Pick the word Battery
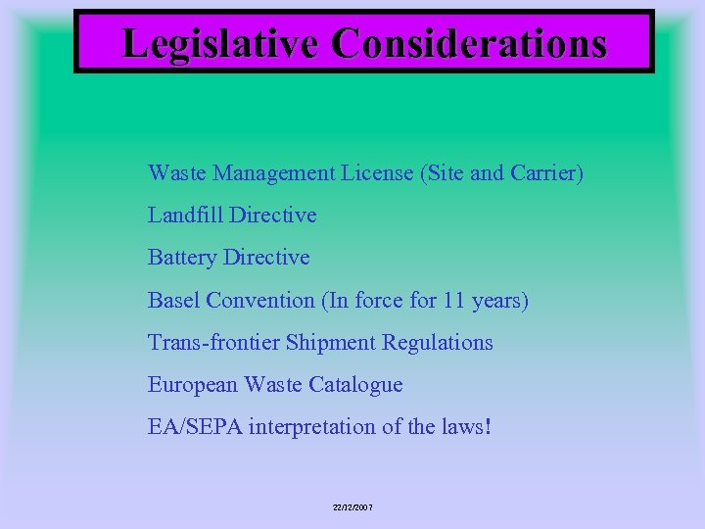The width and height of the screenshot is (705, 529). click(x=182, y=258)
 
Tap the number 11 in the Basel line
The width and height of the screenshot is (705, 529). click(x=451, y=300)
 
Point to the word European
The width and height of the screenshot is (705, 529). click(x=192, y=385)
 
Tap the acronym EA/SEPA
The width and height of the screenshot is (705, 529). click(x=195, y=427)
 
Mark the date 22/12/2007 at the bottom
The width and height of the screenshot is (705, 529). click(x=352, y=507)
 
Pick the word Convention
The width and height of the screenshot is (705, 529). click(x=258, y=300)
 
